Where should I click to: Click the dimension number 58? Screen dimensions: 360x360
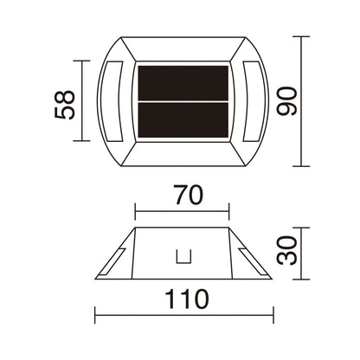64,105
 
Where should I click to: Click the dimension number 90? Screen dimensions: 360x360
286,101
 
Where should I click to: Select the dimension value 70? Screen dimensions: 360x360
189,195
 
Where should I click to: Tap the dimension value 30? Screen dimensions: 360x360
286,250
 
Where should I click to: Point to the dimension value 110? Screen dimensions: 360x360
186,299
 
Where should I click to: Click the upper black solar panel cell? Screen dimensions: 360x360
183,83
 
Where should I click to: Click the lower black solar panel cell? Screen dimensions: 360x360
183,120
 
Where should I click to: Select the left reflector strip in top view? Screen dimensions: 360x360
112,101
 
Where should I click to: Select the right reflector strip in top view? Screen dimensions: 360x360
254,101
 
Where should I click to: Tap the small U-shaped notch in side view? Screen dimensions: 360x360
183,257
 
